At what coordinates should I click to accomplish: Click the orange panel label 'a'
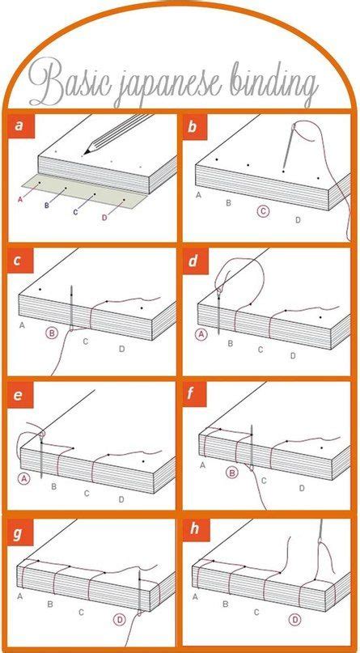coord(19,125)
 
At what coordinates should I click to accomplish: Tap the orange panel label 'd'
coord(193,262)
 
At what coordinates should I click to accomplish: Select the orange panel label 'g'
coord(17,533)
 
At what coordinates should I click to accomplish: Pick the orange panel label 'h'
coord(194,530)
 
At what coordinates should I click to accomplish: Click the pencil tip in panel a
coord(85,152)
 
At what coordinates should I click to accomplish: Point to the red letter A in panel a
coord(19,200)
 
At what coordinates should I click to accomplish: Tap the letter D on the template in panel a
coord(104,218)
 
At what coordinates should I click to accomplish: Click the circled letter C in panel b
coord(263,211)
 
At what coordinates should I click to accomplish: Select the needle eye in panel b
coord(294,125)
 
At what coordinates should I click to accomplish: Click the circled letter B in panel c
coord(53,333)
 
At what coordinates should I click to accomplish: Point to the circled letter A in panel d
coord(201,334)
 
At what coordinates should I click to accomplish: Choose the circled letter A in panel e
coord(24,479)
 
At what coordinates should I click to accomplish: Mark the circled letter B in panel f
coord(232,473)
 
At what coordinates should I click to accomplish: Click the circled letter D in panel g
coord(120,620)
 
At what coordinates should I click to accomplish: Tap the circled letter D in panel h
coord(295,619)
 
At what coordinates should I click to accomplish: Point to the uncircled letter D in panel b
coord(298,220)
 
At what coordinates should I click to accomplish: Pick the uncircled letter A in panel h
coord(195,598)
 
